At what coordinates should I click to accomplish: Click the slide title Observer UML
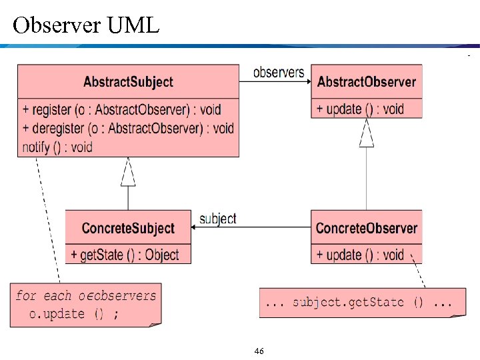click(x=86, y=25)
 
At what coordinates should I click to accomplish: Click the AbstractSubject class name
click(x=128, y=82)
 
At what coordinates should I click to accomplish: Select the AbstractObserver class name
click(x=366, y=82)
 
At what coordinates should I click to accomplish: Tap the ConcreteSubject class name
click(x=128, y=228)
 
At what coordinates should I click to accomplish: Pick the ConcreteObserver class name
click(x=366, y=228)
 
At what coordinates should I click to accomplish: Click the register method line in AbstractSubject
click(x=121, y=109)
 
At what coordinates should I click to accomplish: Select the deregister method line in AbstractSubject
click(x=128, y=128)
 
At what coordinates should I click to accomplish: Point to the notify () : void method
click(x=57, y=146)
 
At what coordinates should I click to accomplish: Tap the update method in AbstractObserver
click(x=360, y=109)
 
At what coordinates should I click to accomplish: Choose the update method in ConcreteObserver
click(x=360, y=255)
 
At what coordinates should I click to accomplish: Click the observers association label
click(x=279, y=72)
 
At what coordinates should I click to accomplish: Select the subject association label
click(x=218, y=218)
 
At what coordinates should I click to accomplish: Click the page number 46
click(x=259, y=351)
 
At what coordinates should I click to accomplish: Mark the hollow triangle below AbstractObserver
click(x=366, y=134)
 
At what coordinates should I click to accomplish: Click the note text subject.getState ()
click(x=359, y=302)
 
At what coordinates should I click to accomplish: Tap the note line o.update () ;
click(x=74, y=313)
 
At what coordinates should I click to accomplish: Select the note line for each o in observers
click(x=86, y=295)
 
